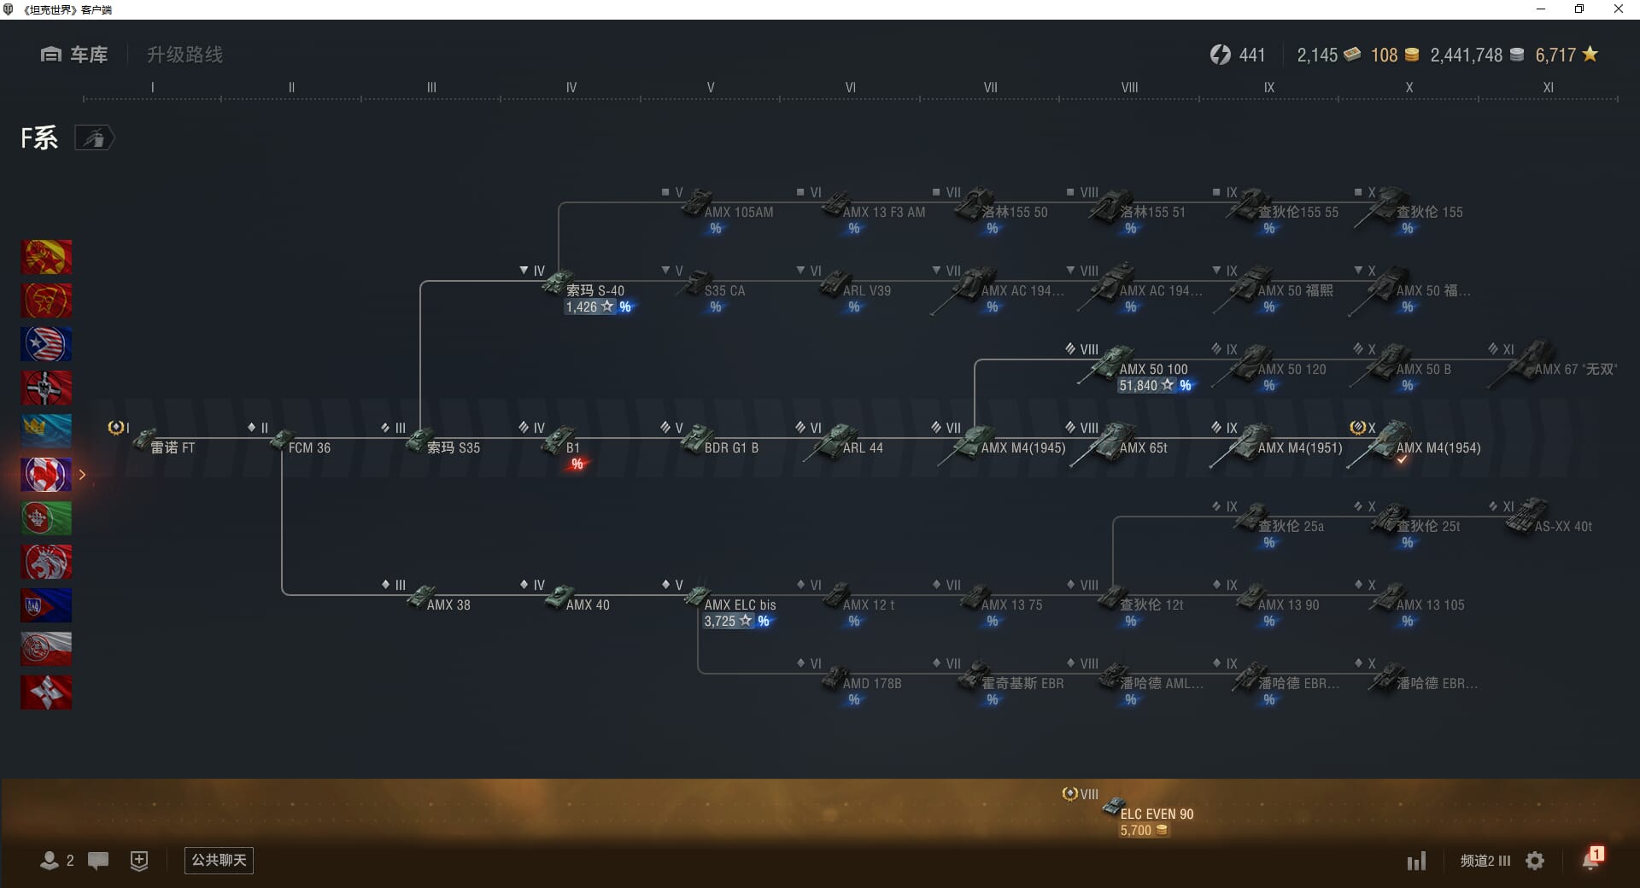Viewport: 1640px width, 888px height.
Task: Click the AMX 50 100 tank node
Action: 1151,369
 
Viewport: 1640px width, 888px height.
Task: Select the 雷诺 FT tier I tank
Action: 172,447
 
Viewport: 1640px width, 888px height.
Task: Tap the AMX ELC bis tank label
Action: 740,605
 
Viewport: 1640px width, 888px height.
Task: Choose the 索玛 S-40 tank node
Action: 594,290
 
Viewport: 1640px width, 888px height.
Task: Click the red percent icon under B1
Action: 577,464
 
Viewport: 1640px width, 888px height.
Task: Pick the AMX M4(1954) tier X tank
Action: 1438,447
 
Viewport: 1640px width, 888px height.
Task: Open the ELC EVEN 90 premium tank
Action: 1156,814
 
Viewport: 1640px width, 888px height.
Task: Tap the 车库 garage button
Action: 75,55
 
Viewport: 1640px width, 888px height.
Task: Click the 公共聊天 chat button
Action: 219,860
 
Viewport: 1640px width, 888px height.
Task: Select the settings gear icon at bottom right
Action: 1535,861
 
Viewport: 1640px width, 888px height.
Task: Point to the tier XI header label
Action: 1548,87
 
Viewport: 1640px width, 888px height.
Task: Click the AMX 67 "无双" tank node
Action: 1574,369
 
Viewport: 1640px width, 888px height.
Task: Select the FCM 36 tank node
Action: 308,447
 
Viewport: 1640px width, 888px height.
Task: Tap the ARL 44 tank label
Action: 862,447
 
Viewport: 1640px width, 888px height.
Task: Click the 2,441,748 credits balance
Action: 1467,55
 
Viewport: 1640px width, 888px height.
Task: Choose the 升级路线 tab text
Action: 184,55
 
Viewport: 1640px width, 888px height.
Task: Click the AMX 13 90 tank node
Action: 1287,605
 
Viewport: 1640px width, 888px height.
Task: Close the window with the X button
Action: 1618,9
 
